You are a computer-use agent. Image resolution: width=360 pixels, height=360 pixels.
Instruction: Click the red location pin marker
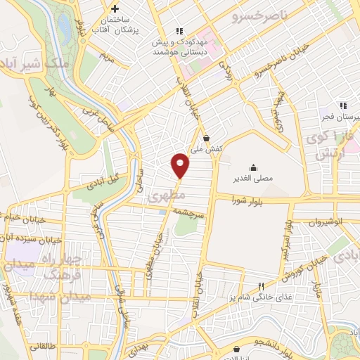180,165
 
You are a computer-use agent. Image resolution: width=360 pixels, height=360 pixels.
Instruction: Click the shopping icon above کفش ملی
205,137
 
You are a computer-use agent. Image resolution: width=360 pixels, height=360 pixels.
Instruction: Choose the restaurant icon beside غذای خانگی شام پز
261,286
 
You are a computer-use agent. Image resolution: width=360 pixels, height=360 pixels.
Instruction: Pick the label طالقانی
42,346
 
